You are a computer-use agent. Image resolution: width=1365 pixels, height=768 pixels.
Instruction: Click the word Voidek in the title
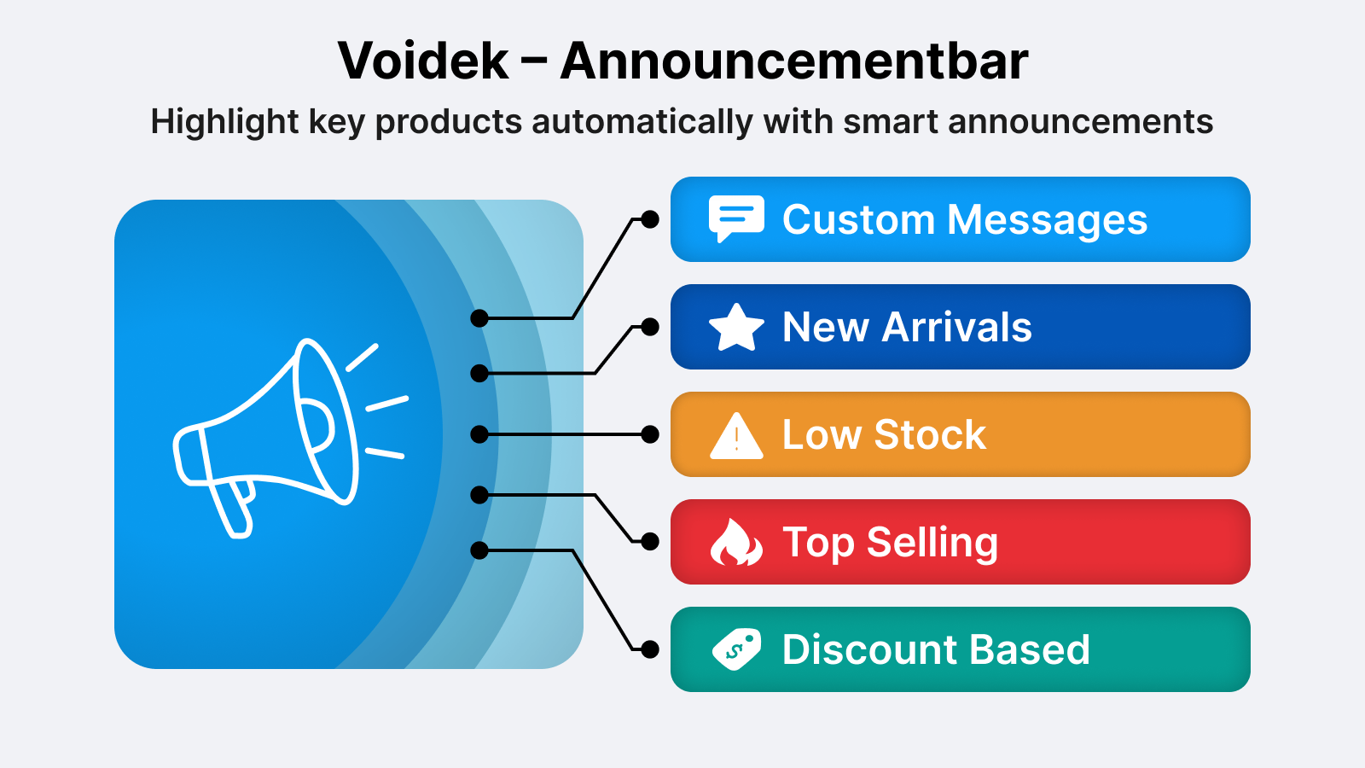click(x=423, y=61)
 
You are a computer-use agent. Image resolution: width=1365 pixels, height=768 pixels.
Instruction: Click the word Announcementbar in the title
click(x=794, y=61)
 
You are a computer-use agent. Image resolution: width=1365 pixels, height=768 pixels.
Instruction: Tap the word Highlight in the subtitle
click(x=224, y=122)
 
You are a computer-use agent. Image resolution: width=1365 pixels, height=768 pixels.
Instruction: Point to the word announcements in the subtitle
click(x=1080, y=122)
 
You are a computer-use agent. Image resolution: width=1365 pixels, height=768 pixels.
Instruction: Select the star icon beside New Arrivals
click(x=736, y=328)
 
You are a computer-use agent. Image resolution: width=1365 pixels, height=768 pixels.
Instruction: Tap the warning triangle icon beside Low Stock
click(x=736, y=436)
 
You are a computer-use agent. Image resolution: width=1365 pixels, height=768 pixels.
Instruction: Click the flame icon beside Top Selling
click(x=736, y=542)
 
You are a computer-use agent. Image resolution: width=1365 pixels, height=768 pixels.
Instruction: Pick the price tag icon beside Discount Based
click(x=736, y=649)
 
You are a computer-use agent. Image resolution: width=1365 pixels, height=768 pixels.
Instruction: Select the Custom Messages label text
click(x=965, y=219)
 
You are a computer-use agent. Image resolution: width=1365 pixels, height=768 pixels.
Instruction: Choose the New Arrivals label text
click(x=907, y=328)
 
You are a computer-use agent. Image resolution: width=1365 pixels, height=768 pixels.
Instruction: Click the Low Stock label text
click(x=884, y=434)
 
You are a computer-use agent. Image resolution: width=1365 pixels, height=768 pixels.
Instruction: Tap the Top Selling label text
click(x=891, y=543)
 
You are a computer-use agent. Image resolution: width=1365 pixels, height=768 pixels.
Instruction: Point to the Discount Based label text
click(x=936, y=649)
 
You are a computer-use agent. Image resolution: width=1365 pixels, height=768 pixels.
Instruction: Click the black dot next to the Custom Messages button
click(x=650, y=219)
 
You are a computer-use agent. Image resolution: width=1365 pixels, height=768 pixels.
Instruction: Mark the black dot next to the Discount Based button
click(x=650, y=649)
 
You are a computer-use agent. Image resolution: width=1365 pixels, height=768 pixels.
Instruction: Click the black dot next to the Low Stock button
click(x=650, y=434)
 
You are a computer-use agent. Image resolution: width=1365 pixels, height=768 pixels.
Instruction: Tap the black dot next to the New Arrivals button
click(x=650, y=327)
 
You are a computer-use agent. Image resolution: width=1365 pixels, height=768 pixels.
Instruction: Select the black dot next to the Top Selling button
click(x=650, y=541)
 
